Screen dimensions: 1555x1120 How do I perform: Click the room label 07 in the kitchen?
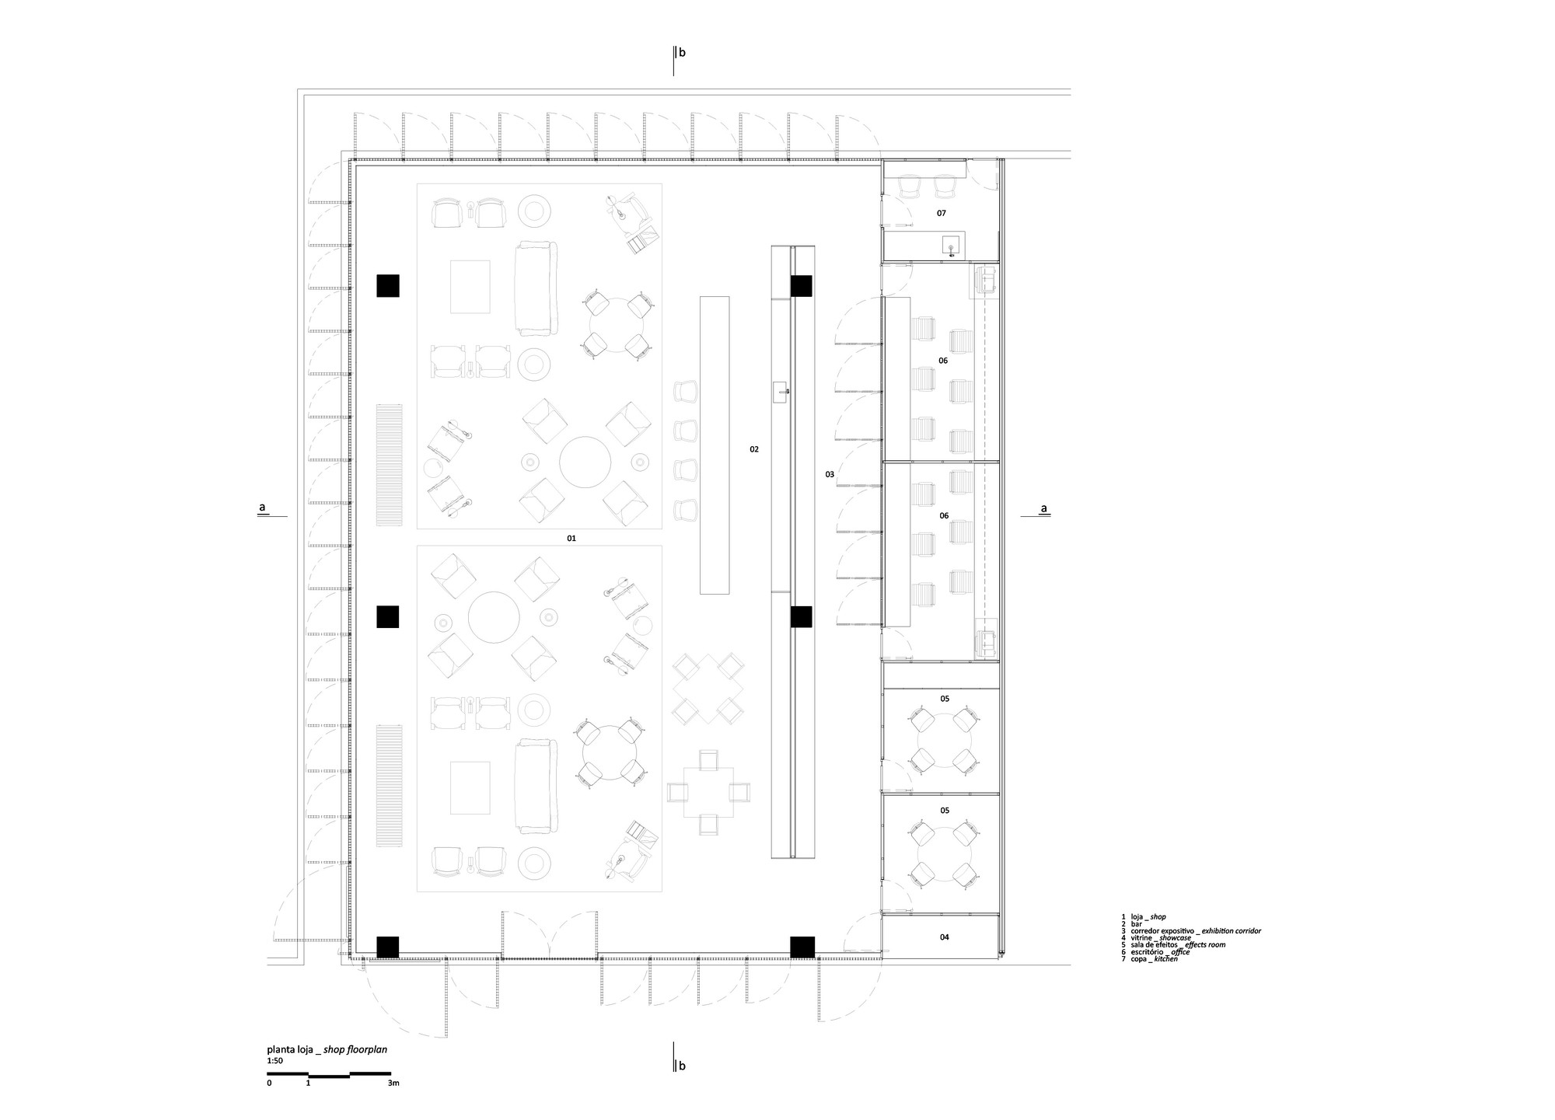(941, 213)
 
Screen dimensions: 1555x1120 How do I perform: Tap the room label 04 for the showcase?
(944, 937)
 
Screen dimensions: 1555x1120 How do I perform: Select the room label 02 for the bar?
(754, 449)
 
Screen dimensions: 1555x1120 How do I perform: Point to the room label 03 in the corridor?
(830, 474)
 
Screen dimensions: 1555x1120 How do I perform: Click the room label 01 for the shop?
(571, 538)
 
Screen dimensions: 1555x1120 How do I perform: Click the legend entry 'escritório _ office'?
(1155, 952)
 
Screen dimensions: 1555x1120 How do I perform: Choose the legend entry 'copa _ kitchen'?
(1149, 959)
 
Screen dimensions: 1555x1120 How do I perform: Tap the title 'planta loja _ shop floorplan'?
(327, 1049)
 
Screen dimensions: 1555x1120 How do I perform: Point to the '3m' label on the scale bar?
(393, 1083)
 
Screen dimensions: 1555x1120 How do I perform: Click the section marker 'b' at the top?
(682, 53)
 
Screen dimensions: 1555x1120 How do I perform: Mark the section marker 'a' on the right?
(1044, 509)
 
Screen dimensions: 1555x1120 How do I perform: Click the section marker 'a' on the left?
(263, 508)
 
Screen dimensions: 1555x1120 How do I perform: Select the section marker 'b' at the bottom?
(682, 1066)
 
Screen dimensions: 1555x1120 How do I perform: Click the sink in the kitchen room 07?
(950, 246)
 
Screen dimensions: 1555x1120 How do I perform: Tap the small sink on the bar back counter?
(781, 393)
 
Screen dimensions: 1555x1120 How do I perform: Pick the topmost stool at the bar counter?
(687, 391)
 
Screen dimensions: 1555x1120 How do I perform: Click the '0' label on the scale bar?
(269, 1083)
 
